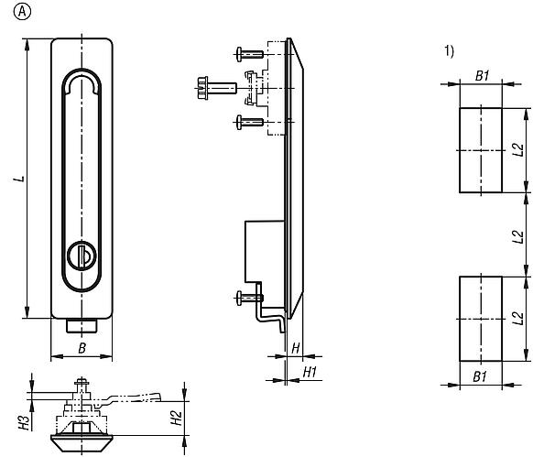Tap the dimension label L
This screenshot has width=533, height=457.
[x=18, y=178]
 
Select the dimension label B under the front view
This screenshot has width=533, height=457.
[x=82, y=348]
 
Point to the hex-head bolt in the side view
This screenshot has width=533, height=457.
[x=206, y=89]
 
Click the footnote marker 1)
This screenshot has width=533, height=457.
[x=450, y=51]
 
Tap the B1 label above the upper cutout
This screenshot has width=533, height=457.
[x=481, y=75]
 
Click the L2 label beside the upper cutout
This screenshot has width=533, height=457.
[x=518, y=150]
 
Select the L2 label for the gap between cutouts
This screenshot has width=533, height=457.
[x=518, y=234]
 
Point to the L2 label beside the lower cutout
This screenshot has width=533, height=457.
[x=518, y=318]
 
